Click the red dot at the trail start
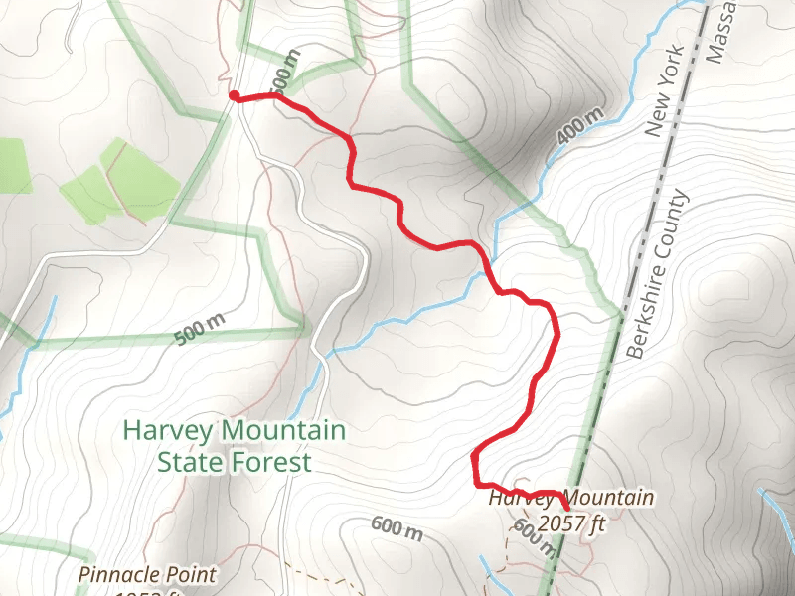(x=234, y=95)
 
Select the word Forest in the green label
(x=279, y=462)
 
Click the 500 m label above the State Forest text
(x=200, y=329)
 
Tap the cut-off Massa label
(x=720, y=30)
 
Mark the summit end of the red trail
(x=566, y=509)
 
